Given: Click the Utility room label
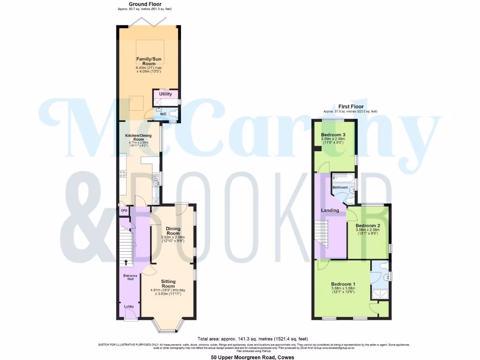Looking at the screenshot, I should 165,94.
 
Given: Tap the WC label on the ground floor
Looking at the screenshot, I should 163,114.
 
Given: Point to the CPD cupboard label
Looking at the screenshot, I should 124,211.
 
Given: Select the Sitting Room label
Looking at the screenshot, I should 168,284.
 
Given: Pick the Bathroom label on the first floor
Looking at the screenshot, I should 340,187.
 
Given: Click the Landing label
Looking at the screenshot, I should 330,210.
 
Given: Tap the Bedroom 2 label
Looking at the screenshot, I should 367,225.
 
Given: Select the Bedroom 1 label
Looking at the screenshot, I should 343,284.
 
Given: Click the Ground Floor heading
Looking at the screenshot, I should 146,4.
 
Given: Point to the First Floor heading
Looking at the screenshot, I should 350,107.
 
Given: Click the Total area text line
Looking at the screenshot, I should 253,338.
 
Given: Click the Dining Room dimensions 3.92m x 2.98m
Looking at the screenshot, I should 173,237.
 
